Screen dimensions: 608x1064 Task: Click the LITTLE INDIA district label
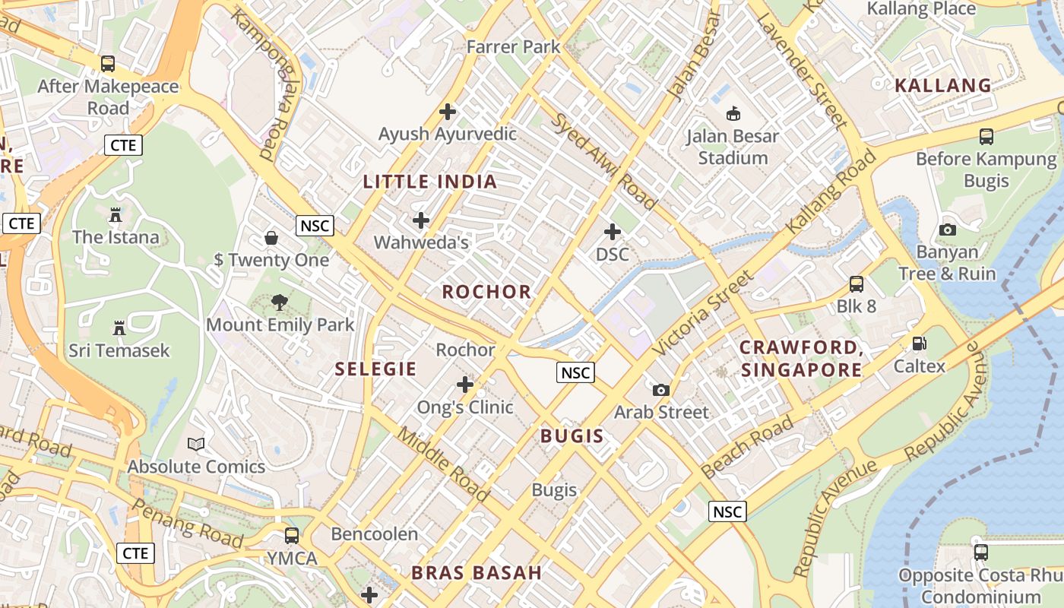coord(430,182)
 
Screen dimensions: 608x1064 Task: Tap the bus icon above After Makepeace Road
coord(108,64)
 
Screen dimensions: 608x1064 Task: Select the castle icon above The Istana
coord(116,215)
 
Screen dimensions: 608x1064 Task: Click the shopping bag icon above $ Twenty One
coord(271,238)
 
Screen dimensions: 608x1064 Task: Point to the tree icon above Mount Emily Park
coord(280,302)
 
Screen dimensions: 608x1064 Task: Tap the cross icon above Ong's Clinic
coord(465,385)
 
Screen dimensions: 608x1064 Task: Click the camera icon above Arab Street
coord(661,390)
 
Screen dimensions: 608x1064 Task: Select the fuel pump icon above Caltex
coord(919,344)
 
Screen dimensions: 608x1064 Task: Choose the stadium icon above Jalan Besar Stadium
coord(733,114)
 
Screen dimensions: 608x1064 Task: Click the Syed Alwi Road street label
coord(603,161)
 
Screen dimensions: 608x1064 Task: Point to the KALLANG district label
coord(943,85)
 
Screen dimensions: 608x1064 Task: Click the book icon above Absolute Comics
coord(196,444)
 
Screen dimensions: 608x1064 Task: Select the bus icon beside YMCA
coord(291,535)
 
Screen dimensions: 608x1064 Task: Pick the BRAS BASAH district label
coord(477,573)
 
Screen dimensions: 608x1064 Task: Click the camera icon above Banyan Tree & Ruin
coord(947,230)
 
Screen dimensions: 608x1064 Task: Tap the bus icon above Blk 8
coord(857,284)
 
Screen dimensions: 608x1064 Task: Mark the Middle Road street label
coord(445,464)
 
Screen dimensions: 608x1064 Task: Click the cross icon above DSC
coord(612,232)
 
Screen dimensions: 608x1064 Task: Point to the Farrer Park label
coord(513,46)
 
